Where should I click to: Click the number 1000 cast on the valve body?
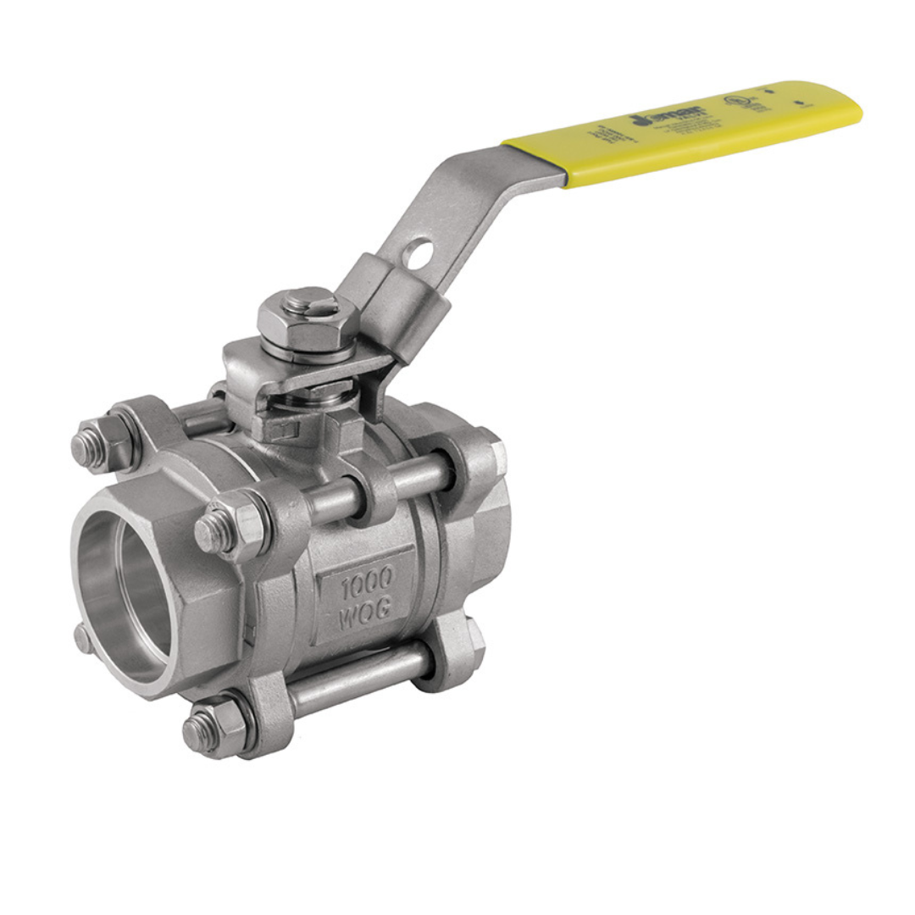click(x=367, y=580)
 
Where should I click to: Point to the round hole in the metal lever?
click(x=418, y=252)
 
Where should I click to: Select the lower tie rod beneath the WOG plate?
click(x=356, y=677)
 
